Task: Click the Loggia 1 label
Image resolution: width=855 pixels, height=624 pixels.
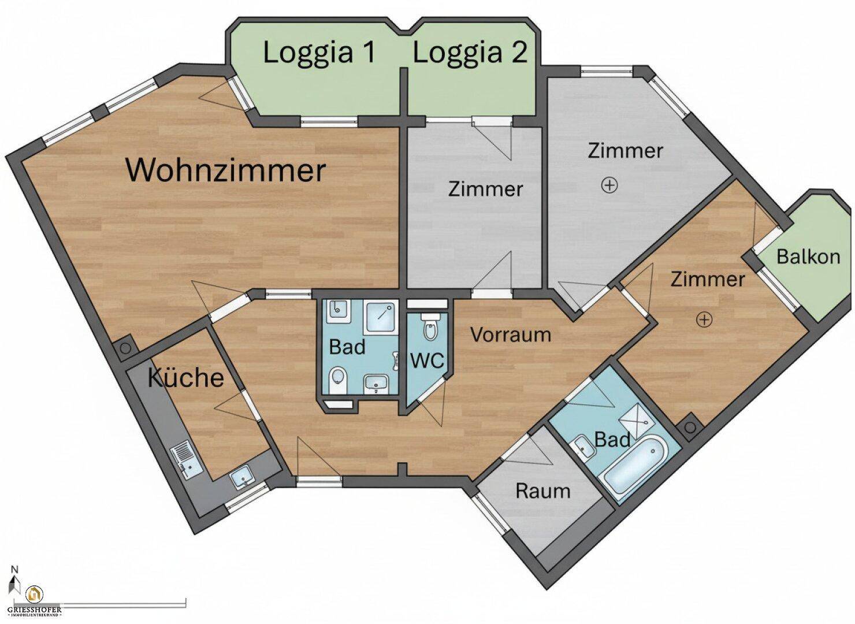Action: tap(319, 53)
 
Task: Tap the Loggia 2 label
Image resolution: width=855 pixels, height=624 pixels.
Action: tap(470, 53)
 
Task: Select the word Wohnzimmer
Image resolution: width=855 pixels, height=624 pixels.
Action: tap(226, 170)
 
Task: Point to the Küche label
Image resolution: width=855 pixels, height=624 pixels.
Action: tap(185, 378)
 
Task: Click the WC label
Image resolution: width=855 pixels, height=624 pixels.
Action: tap(427, 361)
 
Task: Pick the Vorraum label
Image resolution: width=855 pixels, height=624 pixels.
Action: tap(510, 335)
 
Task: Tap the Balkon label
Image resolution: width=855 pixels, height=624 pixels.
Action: tap(808, 256)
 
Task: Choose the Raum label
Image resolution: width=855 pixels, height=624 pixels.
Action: tap(542, 491)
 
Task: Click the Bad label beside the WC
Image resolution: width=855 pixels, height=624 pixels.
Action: tap(347, 347)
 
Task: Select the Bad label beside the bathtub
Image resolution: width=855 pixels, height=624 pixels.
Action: tap(612, 440)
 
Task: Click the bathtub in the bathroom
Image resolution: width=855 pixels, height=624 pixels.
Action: tap(634, 466)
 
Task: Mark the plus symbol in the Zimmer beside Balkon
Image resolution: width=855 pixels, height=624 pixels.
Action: tap(704, 319)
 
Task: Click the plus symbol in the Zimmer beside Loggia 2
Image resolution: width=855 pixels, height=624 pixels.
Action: tap(609, 185)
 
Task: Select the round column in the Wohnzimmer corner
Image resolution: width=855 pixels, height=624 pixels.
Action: tap(124, 349)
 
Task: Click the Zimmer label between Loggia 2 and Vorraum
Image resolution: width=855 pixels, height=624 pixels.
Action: tap(485, 189)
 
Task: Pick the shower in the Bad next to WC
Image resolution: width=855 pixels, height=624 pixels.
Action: tap(382, 314)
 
